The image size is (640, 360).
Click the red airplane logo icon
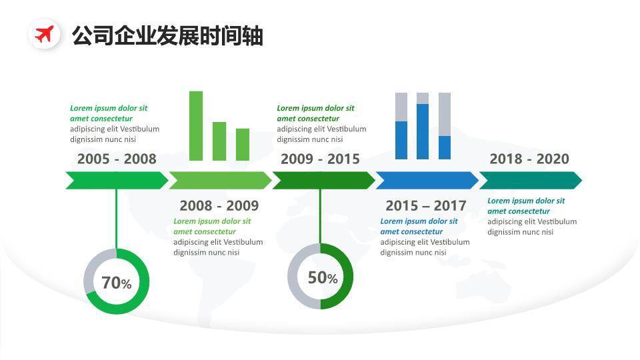point(45,34)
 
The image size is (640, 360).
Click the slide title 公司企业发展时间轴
point(167,35)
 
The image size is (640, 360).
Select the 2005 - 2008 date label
point(117,159)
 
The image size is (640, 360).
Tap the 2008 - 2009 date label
point(219,205)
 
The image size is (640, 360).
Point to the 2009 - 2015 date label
point(320,159)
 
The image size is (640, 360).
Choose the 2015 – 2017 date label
point(425,205)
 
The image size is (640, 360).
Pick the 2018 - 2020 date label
point(529,159)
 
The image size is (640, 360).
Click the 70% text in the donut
point(117,283)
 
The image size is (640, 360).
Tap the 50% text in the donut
point(323,278)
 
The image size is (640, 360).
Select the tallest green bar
point(196,125)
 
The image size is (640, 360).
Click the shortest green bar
point(243,144)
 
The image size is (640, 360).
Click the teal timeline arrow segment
point(530,180)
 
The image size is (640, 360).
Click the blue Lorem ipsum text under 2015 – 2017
point(419,227)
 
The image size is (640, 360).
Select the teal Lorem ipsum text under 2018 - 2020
point(526,206)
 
